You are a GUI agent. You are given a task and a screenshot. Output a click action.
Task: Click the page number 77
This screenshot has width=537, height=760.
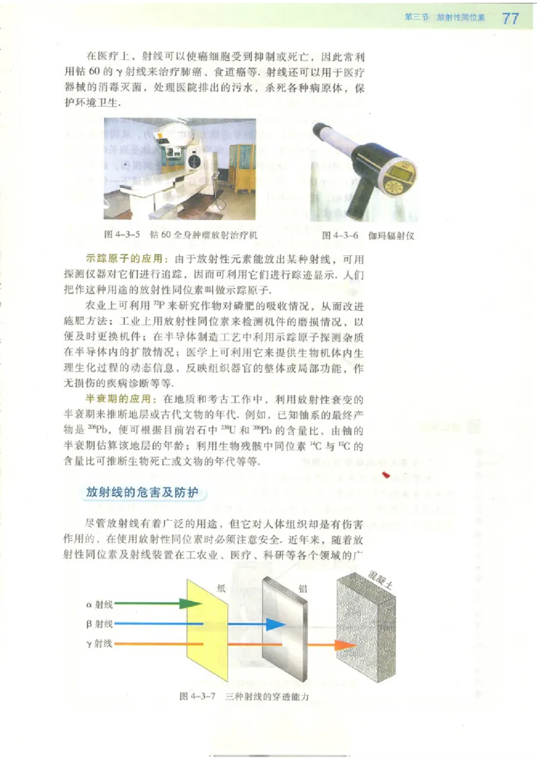510,19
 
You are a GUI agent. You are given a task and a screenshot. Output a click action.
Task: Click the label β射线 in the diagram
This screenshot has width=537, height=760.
99,624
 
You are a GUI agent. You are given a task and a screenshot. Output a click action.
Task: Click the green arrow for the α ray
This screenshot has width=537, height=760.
158,603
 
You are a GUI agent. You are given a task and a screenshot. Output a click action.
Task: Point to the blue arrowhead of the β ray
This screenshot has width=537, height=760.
275,624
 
